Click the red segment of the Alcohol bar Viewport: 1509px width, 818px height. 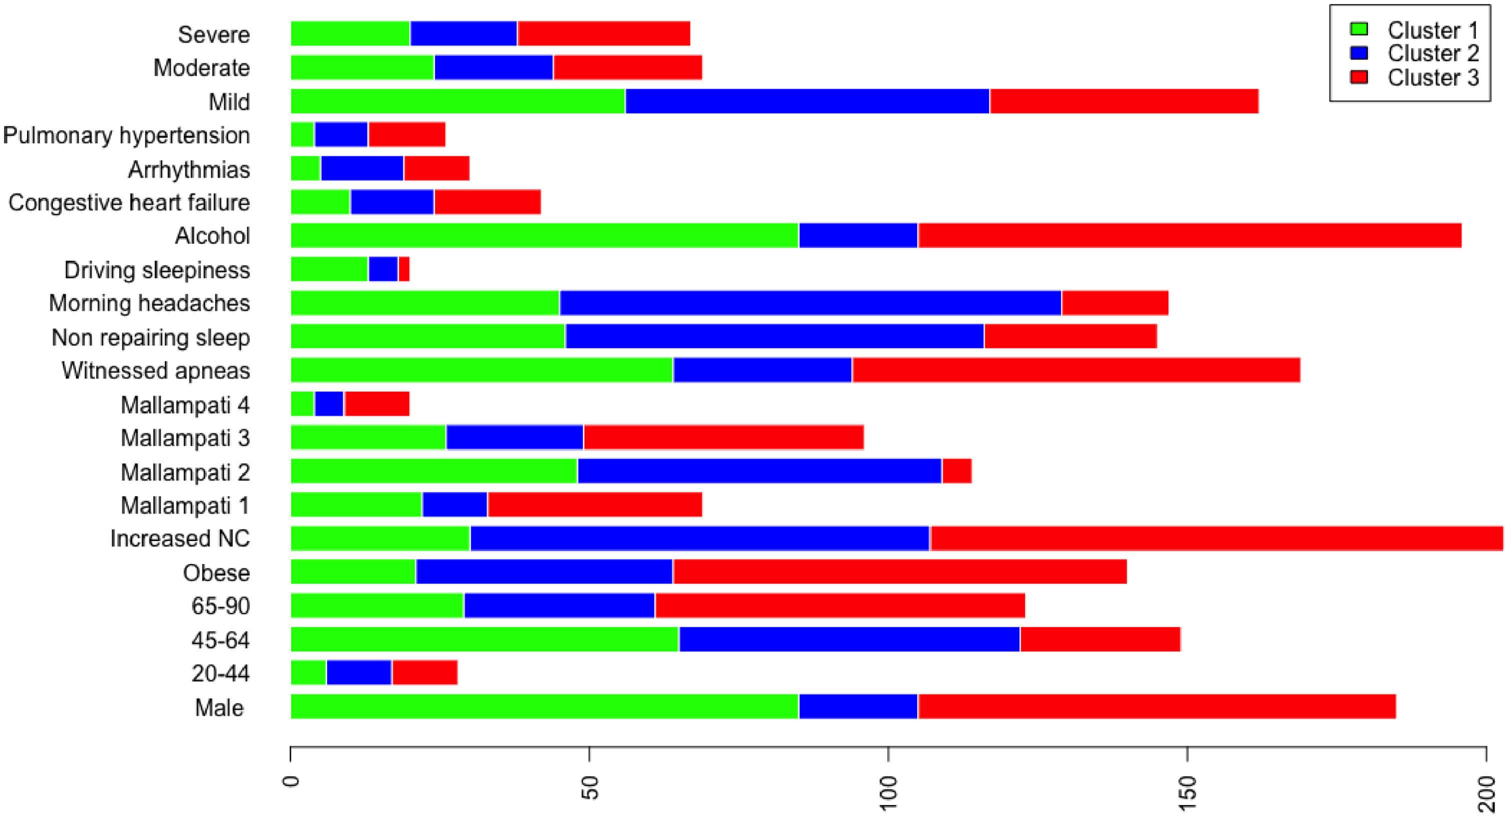coord(1189,235)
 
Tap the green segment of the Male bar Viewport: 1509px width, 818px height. coord(545,706)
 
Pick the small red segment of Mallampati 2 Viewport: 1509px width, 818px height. coord(957,471)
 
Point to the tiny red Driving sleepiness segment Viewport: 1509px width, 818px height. coord(404,269)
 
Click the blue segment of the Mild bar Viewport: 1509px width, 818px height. coord(807,101)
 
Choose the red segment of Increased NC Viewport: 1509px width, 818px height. coord(1216,538)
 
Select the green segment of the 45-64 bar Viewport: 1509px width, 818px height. coord(485,639)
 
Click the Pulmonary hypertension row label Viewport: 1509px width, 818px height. coord(127,135)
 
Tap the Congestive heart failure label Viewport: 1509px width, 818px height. coord(129,202)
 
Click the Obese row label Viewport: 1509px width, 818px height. coord(216,572)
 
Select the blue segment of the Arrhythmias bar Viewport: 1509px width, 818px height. coord(362,168)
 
